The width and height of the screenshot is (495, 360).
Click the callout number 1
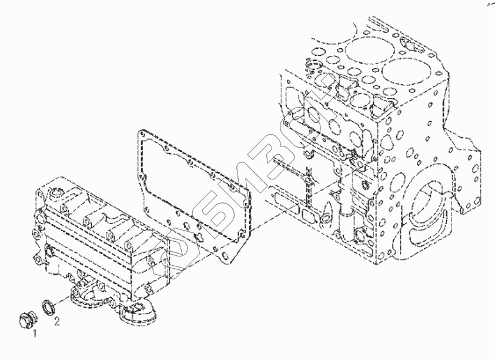click(x=34, y=334)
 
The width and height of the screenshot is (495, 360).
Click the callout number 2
click(x=57, y=321)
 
